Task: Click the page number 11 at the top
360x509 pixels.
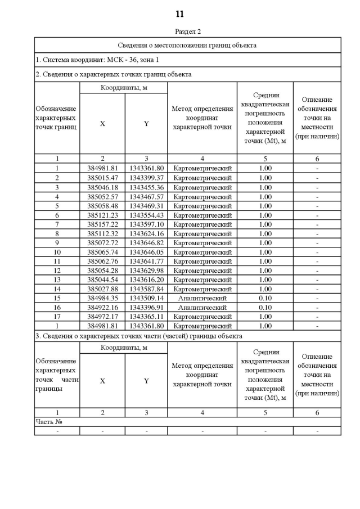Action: (x=179, y=13)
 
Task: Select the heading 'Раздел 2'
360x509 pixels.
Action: (x=187, y=31)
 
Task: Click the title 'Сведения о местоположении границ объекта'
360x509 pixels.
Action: (x=187, y=45)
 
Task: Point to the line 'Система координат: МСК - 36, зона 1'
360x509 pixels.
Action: (x=97, y=59)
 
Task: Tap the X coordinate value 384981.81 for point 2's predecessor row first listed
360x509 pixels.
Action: (x=102, y=168)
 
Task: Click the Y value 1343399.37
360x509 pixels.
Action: (x=146, y=178)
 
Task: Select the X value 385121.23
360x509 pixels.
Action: (x=102, y=215)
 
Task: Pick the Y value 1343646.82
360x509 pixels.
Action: (x=146, y=243)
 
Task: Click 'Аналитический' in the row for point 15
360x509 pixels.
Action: (x=202, y=298)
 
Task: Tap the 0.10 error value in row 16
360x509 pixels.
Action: (x=265, y=307)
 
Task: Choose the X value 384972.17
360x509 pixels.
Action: (x=102, y=316)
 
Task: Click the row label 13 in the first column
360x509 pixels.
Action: (x=57, y=279)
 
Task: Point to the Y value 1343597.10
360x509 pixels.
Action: (x=146, y=224)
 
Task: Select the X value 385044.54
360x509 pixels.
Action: (x=102, y=279)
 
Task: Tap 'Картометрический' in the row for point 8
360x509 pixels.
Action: (x=202, y=233)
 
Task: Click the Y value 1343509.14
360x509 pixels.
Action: (x=146, y=298)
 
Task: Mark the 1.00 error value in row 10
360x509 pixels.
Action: (x=265, y=252)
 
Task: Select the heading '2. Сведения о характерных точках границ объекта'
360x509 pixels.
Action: (x=113, y=74)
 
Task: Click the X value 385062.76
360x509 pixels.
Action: (x=102, y=261)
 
